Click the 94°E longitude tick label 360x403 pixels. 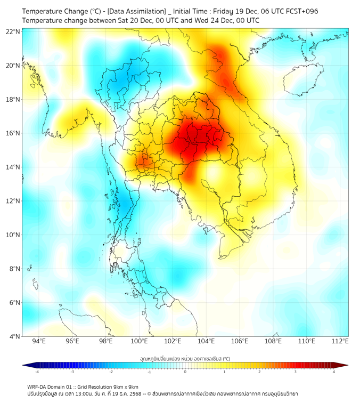point(39,341)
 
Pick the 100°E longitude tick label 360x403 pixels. point(140,341)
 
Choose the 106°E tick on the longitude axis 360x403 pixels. point(240,341)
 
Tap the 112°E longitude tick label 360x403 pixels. point(341,341)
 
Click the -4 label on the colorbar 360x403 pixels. point(37,372)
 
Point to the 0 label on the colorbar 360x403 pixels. point(185,372)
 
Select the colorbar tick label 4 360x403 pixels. point(334,372)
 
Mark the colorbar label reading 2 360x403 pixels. point(259,372)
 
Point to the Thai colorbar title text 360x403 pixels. point(185,359)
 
